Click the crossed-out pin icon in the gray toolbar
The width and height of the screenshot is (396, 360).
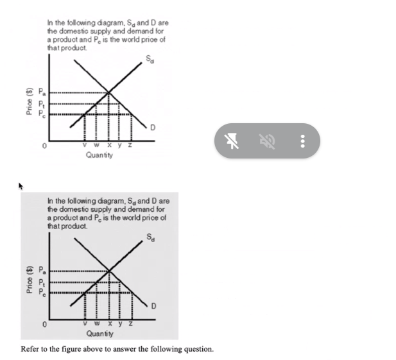click(233, 141)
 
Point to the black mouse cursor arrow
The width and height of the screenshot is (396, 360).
click(21, 186)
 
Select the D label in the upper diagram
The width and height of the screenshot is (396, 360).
click(152, 128)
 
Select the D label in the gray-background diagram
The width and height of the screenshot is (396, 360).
click(152, 306)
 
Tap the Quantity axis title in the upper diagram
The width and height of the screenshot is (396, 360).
click(98, 155)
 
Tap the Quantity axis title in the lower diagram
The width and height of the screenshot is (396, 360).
click(98, 334)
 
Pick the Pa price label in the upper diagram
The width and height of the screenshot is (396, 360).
click(43, 92)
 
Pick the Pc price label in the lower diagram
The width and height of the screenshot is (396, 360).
click(43, 293)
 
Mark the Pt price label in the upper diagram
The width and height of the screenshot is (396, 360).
click(43, 103)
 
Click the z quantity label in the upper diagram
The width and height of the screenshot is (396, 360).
click(131, 146)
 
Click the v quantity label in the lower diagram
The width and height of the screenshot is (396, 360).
click(87, 325)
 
